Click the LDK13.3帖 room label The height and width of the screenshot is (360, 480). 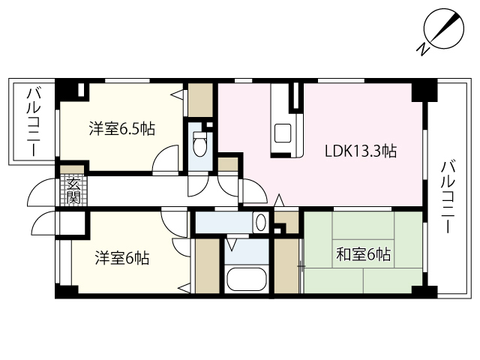pos(360,151)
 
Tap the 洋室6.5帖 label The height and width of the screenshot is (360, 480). pos(121,129)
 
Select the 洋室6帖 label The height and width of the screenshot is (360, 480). pos(121,259)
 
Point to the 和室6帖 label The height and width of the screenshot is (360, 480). pos(362,255)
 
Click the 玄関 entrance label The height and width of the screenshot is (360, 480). pos(73,190)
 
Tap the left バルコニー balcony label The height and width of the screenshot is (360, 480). pos(34,122)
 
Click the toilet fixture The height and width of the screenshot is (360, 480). pos(199,141)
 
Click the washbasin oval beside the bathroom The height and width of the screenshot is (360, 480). pos(259,222)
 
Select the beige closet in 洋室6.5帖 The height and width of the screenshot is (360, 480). pos(200,97)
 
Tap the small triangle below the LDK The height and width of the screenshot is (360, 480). pos(278,200)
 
